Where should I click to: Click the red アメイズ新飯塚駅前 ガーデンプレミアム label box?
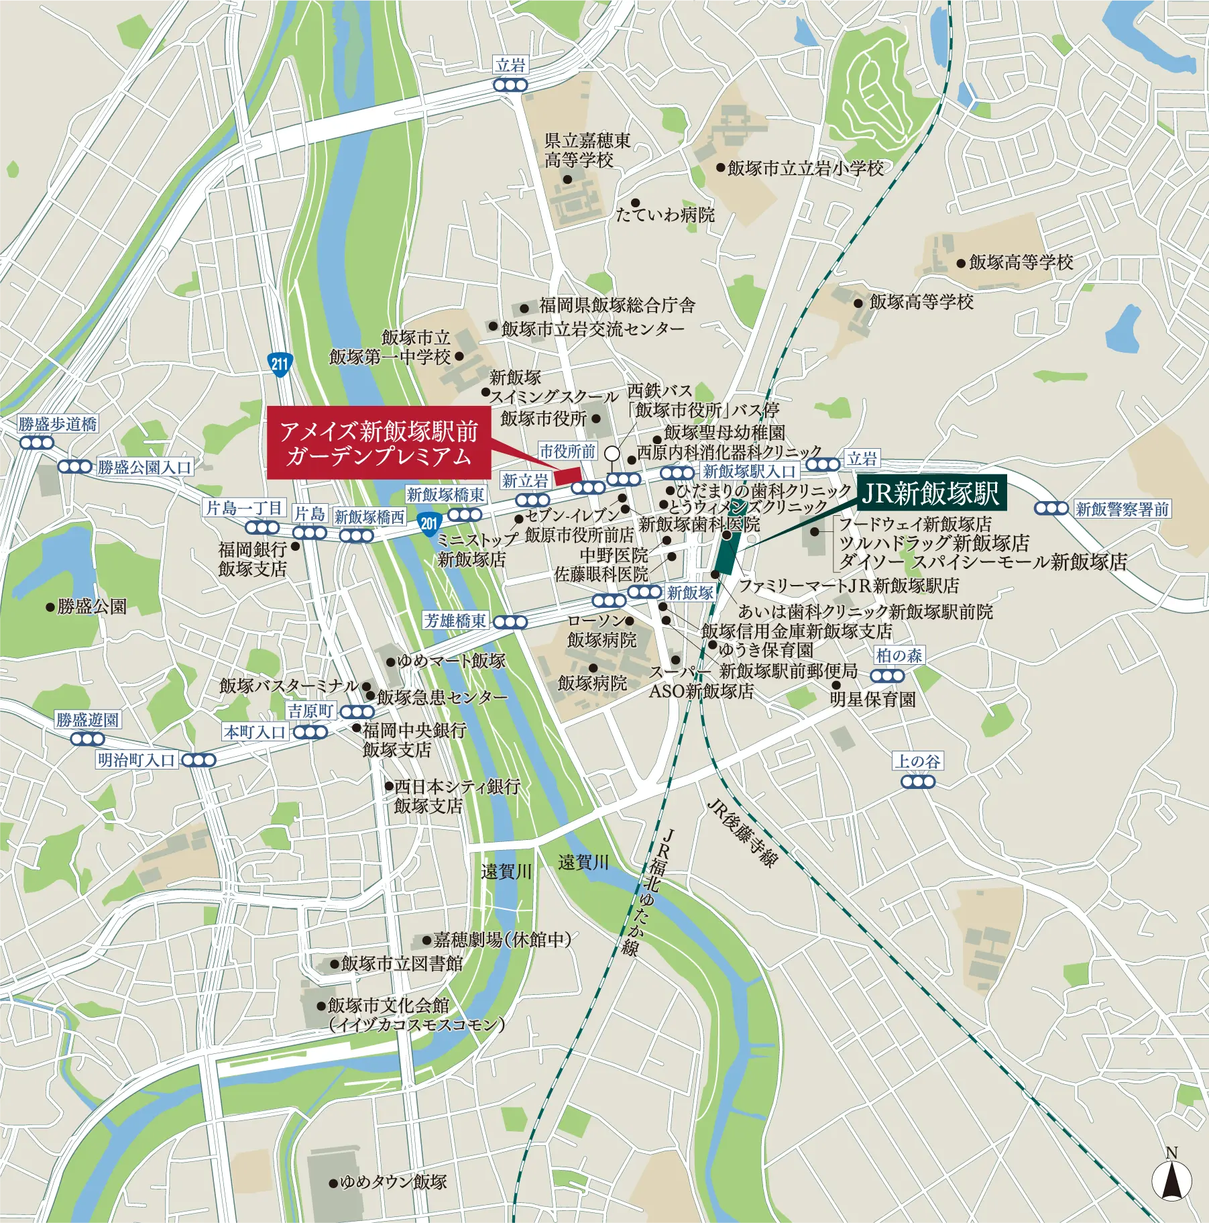[x=379, y=443]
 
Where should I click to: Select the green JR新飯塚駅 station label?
[x=930, y=494]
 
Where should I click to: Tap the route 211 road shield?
[x=280, y=364]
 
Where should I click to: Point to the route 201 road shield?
[x=429, y=523]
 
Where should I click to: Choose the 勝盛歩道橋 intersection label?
[x=58, y=424]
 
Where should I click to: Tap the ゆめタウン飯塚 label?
[x=393, y=1181]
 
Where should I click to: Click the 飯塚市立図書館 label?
[x=402, y=963]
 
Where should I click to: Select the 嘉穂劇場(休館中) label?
[x=502, y=939]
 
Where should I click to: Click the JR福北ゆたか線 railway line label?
[x=648, y=892]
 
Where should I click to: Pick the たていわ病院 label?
[x=665, y=215]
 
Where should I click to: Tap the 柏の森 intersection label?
[x=899, y=655]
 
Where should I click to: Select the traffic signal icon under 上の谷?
[x=918, y=782]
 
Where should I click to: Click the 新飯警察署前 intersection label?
[x=1122, y=509]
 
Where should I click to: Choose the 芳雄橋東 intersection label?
[x=455, y=621]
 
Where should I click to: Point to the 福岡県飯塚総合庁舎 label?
[x=617, y=306]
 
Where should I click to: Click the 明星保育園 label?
[x=873, y=700]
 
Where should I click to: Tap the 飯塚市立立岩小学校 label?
[x=805, y=168]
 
